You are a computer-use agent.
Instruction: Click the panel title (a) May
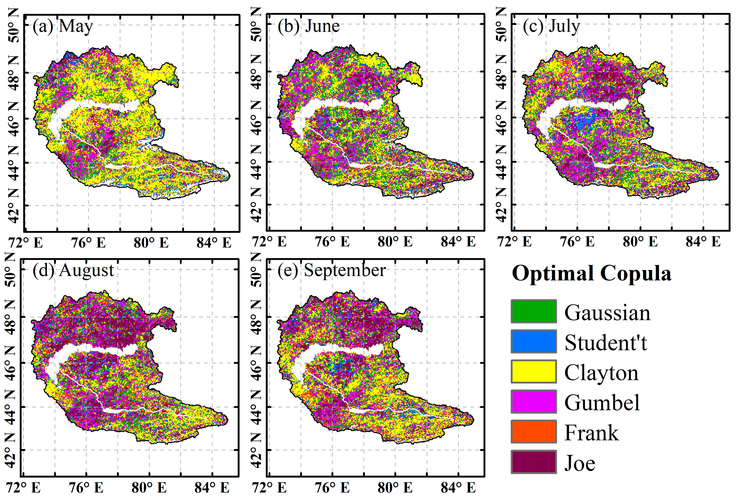point(63,26)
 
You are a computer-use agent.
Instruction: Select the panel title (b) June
point(308,26)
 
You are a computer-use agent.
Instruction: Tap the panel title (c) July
point(551,26)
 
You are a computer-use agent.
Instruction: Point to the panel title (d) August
point(73,271)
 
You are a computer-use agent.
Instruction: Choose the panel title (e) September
point(332,271)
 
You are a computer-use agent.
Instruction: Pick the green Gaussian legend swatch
point(534,311)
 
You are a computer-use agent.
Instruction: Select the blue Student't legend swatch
point(534,342)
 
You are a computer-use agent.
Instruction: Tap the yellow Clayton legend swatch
point(534,372)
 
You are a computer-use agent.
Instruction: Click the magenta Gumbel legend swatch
point(534,402)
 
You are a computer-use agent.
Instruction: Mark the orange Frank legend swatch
point(534,432)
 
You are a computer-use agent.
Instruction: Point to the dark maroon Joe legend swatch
point(534,462)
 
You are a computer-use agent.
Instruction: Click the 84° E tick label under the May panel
point(214,243)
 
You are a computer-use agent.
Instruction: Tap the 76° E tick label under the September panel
point(332,488)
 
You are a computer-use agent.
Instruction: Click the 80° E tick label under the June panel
point(395,242)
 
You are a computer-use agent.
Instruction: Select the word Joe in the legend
point(580,464)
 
